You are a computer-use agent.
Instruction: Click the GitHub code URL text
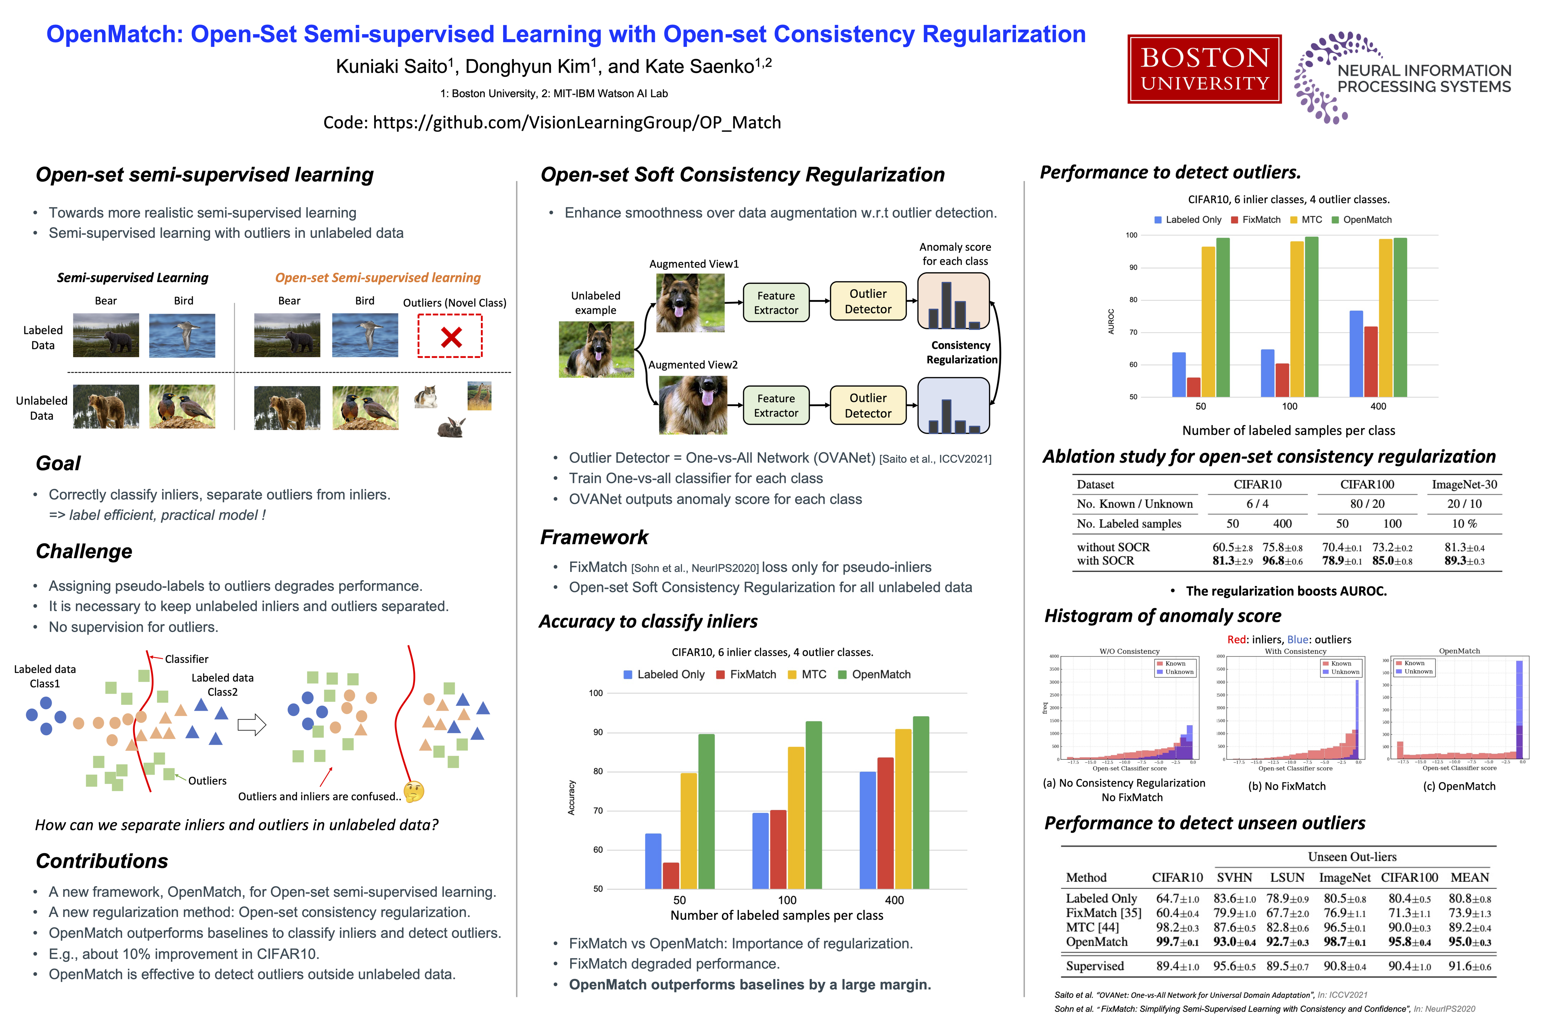[551, 123]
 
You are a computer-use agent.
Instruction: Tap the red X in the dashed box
[451, 337]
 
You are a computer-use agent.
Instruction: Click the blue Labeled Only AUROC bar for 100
[1267, 373]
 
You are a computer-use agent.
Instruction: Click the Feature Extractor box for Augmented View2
[776, 405]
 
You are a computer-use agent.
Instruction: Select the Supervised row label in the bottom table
[1094, 966]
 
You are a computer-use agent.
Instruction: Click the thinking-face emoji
[414, 792]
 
